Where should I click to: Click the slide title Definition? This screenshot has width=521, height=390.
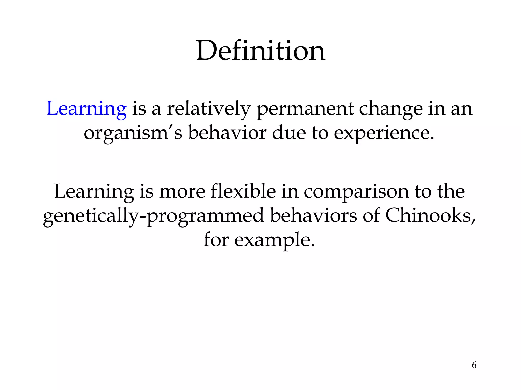(260, 51)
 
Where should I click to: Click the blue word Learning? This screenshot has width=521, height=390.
(86, 109)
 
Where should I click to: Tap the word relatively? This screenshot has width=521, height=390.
(209, 109)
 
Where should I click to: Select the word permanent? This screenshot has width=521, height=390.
(305, 109)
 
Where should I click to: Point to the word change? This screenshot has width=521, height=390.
(390, 109)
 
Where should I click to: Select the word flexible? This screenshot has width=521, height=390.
(243, 191)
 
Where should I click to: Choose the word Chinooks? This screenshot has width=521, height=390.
(430, 215)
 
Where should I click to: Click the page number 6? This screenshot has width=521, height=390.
(474, 365)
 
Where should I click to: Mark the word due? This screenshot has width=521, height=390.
(289, 133)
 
